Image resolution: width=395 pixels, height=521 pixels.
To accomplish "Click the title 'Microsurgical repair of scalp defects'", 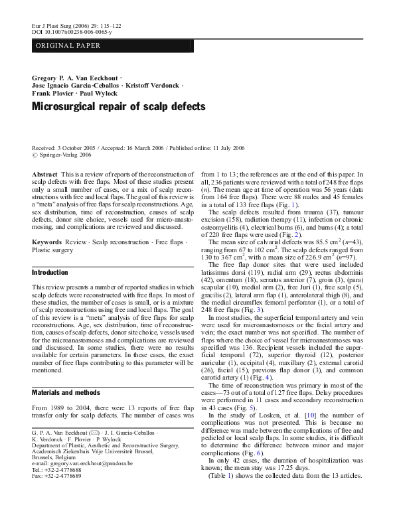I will pos(119,106).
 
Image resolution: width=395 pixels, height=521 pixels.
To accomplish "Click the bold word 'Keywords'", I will pos(46,242).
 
